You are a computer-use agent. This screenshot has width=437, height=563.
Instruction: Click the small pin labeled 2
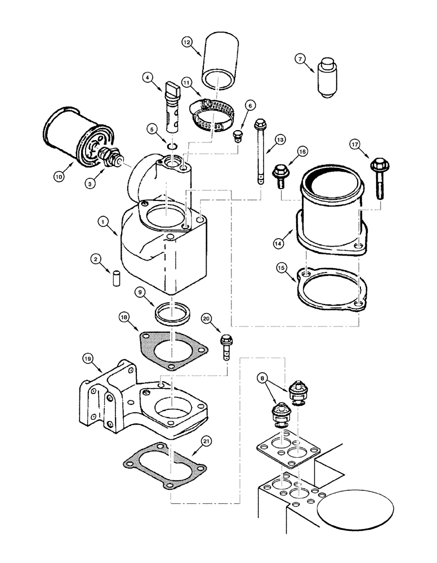pyautogui.click(x=117, y=279)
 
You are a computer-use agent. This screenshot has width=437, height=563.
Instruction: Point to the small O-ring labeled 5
pyautogui.click(x=172, y=148)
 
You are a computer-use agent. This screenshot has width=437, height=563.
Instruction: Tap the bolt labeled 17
pyautogui.click(x=379, y=177)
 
